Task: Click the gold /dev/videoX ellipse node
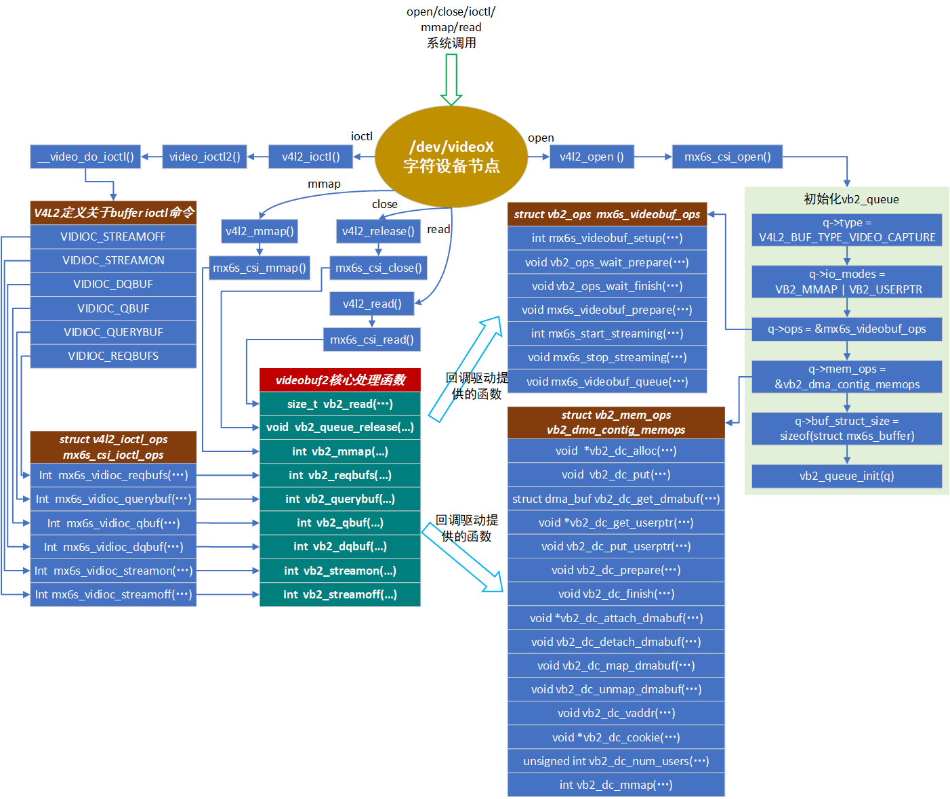pyautogui.click(x=451, y=157)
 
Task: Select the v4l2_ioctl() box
pyautogui.click(x=311, y=157)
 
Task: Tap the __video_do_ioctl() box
pyautogui.click(x=85, y=157)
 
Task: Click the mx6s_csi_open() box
pyautogui.click(x=727, y=157)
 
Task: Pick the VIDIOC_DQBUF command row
pyautogui.click(x=113, y=284)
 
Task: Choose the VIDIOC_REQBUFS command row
pyautogui.click(x=113, y=356)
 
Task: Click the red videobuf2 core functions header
pyautogui.click(x=340, y=380)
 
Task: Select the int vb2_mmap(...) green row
pyautogui.click(x=340, y=451)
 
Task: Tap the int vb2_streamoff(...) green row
pyautogui.click(x=340, y=594)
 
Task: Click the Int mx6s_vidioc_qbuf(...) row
pyautogui.click(x=113, y=523)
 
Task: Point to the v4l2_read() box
pyautogui.click(x=372, y=304)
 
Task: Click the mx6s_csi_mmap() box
pyautogui.click(x=260, y=268)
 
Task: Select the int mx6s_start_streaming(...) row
pyautogui.click(x=607, y=333)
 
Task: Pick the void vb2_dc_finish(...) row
pyautogui.click(x=616, y=594)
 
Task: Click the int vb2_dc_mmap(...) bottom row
pyautogui.click(x=616, y=785)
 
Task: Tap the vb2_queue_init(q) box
pyautogui.click(x=846, y=476)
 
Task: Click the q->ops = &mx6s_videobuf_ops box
pyautogui.click(x=846, y=329)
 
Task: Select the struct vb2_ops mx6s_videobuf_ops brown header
pyautogui.click(x=607, y=214)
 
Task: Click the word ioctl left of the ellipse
pyautogui.click(x=362, y=136)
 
